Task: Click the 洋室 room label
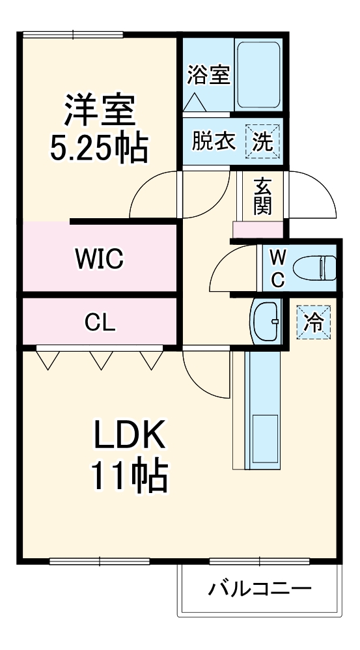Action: (x=100, y=111)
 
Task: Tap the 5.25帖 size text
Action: (x=100, y=149)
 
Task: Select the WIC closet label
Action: (x=99, y=259)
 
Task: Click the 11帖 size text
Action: (x=128, y=477)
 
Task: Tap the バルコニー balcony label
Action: (x=260, y=590)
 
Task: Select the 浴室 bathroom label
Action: (x=208, y=75)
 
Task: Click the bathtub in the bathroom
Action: (x=258, y=75)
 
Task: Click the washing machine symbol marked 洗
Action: (x=262, y=141)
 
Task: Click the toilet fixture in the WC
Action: (x=314, y=267)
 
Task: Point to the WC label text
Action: (x=277, y=268)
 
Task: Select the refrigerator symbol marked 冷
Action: (x=314, y=322)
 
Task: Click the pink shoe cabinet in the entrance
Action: (x=258, y=230)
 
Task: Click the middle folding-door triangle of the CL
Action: (x=100, y=360)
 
